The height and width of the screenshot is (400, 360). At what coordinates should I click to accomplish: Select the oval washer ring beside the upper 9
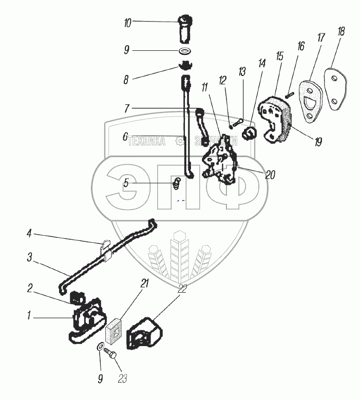[185, 51]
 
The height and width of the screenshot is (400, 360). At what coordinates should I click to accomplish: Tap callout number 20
[270, 175]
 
